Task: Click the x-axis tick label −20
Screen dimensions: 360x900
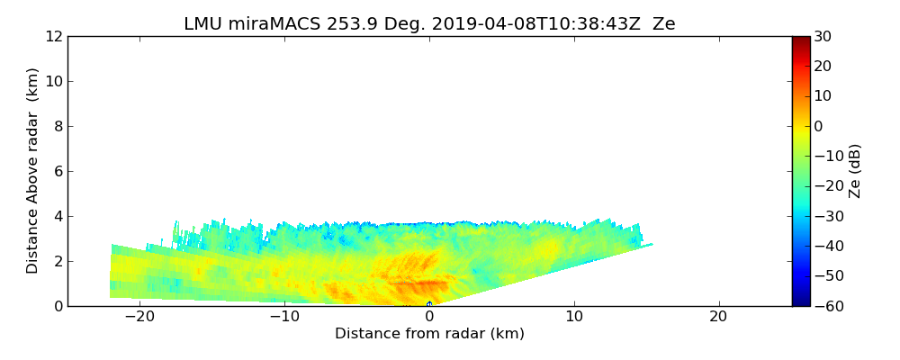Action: click(139, 317)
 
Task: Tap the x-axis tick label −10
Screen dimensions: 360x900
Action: click(284, 317)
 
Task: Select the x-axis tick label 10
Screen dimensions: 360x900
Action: click(574, 317)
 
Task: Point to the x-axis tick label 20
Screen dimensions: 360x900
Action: click(718, 317)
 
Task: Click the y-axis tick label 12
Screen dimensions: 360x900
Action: click(53, 36)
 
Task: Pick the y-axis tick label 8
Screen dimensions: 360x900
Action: click(58, 126)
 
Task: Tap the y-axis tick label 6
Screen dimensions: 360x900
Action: click(58, 171)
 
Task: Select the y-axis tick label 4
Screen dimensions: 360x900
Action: click(58, 216)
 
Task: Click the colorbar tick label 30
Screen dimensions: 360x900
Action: click(822, 36)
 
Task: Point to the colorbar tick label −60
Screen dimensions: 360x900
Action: click(825, 306)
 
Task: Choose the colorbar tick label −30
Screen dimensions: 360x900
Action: click(825, 216)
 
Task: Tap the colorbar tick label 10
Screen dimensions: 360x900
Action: click(822, 96)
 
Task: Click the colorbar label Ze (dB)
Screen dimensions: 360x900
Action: click(855, 171)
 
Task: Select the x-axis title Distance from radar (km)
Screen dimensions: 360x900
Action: click(429, 334)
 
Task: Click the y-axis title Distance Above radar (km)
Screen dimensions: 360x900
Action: click(33, 171)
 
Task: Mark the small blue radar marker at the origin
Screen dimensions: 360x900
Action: click(429, 304)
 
